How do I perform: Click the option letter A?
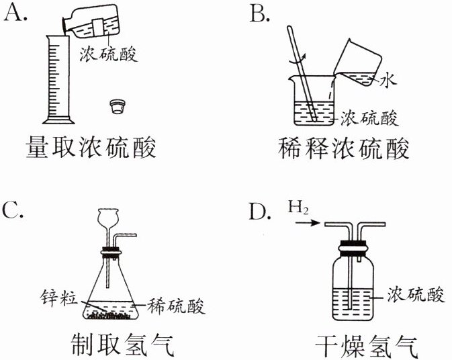15,11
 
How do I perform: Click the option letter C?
14,209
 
